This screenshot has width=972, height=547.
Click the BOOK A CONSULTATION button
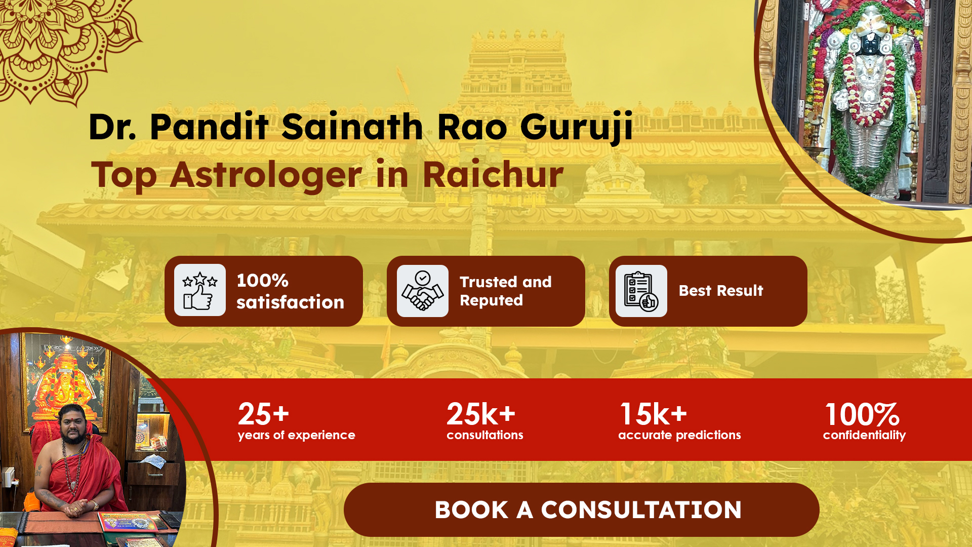click(x=581, y=510)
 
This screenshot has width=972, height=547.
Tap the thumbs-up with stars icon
click(x=200, y=290)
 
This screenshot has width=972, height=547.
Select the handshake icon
click(x=423, y=291)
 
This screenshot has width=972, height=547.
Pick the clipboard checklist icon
click(x=641, y=291)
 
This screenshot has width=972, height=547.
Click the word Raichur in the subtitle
click(x=493, y=175)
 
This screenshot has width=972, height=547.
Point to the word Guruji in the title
click(x=577, y=127)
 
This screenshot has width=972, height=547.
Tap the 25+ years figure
click(x=263, y=414)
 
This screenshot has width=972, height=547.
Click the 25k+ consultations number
click(x=481, y=414)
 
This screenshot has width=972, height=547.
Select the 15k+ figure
click(x=654, y=414)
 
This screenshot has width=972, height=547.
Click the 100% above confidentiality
click(x=862, y=415)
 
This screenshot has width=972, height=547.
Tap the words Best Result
click(x=721, y=291)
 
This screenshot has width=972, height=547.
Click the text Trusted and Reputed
click(x=506, y=291)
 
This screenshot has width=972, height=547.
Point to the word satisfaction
click(x=290, y=302)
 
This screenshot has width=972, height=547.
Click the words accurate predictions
click(x=679, y=435)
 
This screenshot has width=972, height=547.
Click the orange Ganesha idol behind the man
click(x=66, y=385)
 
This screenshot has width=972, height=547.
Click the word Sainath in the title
click(x=352, y=127)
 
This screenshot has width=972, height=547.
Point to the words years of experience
click(x=297, y=436)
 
